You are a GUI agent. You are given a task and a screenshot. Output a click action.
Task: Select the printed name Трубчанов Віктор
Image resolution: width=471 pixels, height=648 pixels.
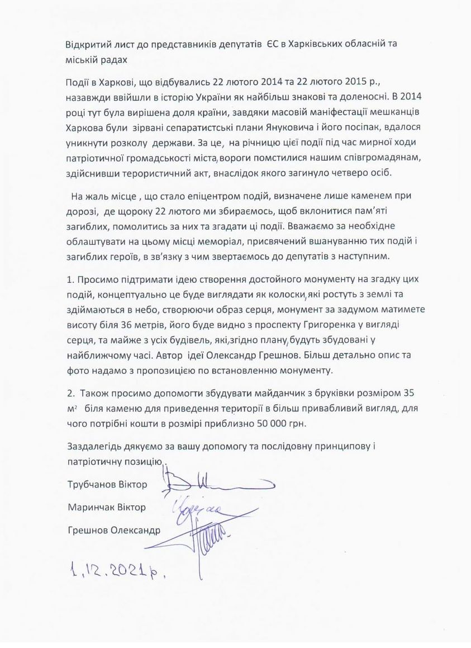(107, 484)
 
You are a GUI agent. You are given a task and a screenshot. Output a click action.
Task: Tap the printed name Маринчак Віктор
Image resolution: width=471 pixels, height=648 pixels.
(106, 507)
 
